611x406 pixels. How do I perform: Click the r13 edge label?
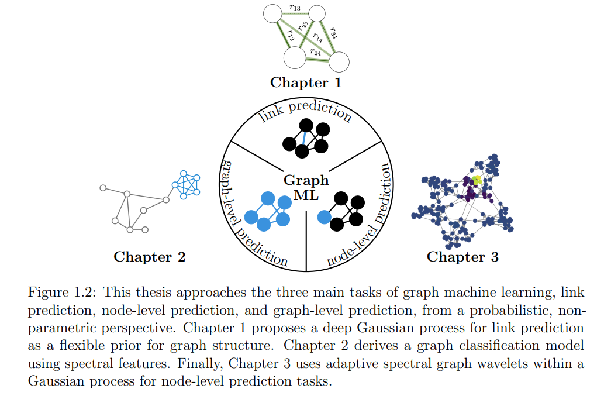coord(295,8)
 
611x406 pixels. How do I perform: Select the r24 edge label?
coord(315,52)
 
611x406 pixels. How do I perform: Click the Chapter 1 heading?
coord(306,82)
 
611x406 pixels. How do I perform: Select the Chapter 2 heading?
coord(149,256)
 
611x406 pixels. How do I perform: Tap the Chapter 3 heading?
coord(462,256)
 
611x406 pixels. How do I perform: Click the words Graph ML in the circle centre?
coord(306,188)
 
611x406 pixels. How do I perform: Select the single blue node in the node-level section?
coord(324,217)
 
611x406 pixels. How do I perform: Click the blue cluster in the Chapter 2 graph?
coord(186,184)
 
